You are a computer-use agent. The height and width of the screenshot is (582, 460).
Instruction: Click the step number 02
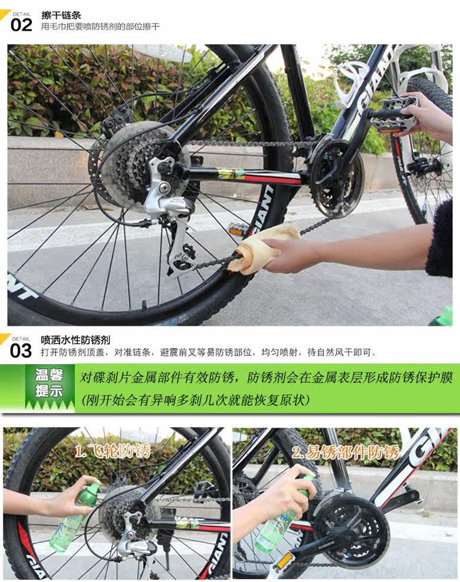point(21,25)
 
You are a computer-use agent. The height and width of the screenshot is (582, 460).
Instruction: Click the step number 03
point(21,350)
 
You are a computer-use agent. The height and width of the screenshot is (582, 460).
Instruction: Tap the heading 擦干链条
point(61,15)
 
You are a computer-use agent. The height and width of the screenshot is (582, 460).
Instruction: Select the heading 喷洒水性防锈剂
point(75,340)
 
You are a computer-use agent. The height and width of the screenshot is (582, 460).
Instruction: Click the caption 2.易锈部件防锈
point(346,452)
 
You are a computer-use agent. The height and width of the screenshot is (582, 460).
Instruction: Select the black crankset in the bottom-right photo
point(351,527)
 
